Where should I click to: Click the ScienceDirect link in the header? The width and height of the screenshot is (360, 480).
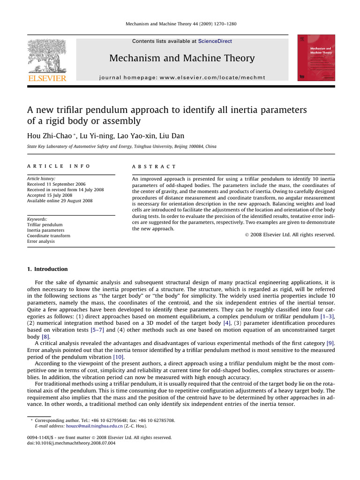pos(215,41)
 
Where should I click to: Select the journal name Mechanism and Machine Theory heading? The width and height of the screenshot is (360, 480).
pos(182,59)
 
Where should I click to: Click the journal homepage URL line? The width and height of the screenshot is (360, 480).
pos(182,77)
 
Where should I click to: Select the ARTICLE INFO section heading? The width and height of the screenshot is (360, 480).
pos(59,166)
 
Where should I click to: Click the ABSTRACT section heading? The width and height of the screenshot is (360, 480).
pos(154,166)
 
